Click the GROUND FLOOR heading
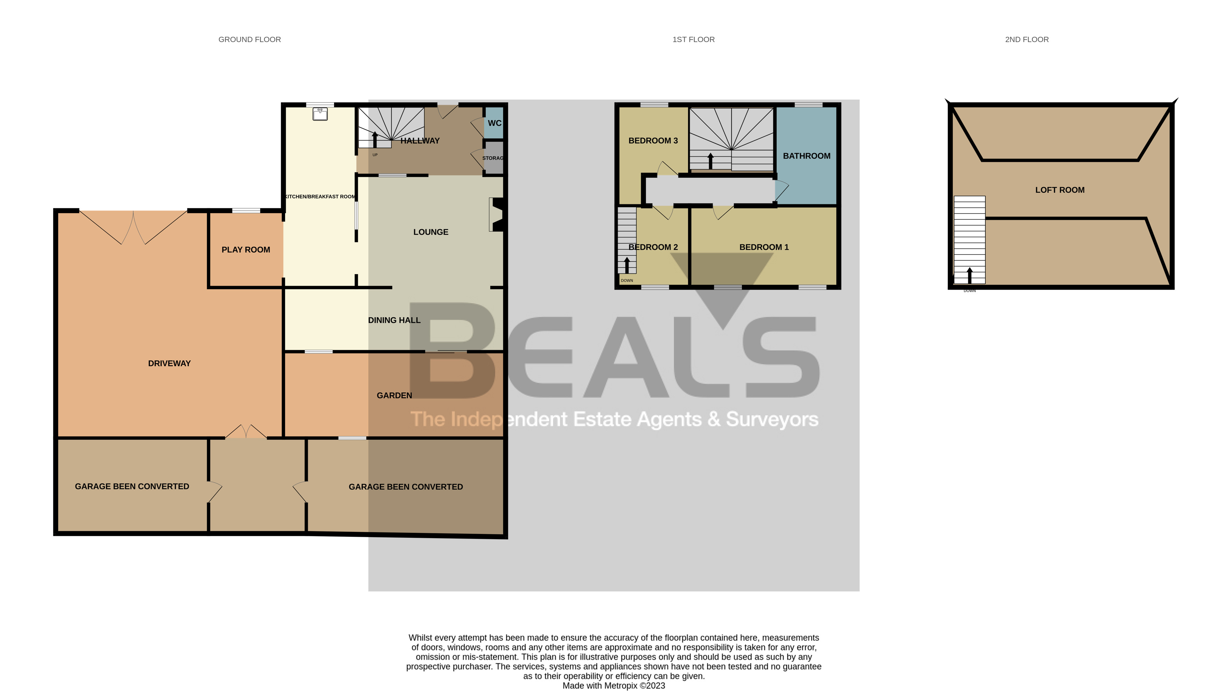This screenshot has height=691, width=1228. pyautogui.click(x=249, y=40)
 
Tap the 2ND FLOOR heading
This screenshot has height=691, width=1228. pyautogui.click(x=1026, y=40)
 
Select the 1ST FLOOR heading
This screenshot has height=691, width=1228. pyautogui.click(x=693, y=40)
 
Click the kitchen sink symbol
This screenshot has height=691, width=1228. pyautogui.click(x=320, y=114)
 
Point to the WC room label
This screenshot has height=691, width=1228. pyautogui.click(x=494, y=123)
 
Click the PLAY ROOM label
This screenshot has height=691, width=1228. pyautogui.click(x=245, y=250)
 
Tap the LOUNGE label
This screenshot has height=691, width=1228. pyautogui.click(x=430, y=232)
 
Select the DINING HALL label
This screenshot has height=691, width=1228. pyautogui.click(x=394, y=320)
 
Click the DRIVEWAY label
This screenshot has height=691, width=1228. pyautogui.click(x=169, y=363)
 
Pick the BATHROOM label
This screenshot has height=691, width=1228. pyautogui.click(x=806, y=156)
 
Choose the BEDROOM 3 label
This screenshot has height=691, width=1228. pyautogui.click(x=653, y=141)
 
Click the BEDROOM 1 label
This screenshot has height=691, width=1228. pyautogui.click(x=764, y=247)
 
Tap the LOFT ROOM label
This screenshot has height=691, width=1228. pyautogui.click(x=1059, y=190)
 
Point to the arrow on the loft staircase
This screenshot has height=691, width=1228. pyautogui.click(x=969, y=275)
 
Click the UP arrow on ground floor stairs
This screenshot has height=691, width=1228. pyautogui.click(x=375, y=139)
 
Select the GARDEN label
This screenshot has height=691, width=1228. pyautogui.click(x=394, y=395)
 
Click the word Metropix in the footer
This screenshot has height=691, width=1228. pyautogui.click(x=621, y=686)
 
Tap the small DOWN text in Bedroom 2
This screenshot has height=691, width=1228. pyautogui.click(x=626, y=280)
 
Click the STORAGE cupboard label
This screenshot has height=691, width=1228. pyautogui.click(x=492, y=158)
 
